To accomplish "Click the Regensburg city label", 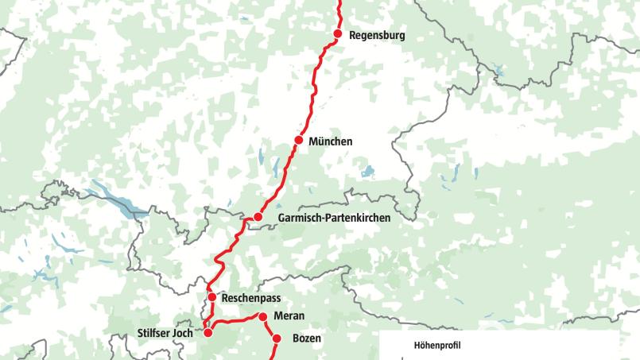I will click(x=377, y=36).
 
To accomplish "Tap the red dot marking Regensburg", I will click(x=338, y=35).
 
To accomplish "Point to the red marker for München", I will click(x=299, y=141).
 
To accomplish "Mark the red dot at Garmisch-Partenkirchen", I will click(x=258, y=217).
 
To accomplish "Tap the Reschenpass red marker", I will click(x=212, y=297).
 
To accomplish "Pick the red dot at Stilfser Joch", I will click(x=208, y=333).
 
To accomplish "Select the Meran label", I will click(x=289, y=316).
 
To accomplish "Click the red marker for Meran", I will click(x=263, y=316).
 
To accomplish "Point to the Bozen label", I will click(x=306, y=339).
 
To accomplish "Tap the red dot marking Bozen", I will click(x=277, y=339).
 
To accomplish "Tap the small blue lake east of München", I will click(x=367, y=171).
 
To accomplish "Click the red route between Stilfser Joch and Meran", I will click(x=235, y=322).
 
